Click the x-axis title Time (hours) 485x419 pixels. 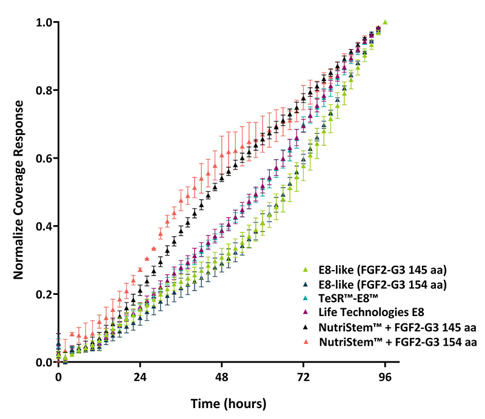(x=229, y=403)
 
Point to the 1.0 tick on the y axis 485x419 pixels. (x=42, y=22)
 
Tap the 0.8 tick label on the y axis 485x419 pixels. (x=42, y=91)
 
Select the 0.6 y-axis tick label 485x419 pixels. (x=42, y=159)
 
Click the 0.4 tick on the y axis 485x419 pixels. (x=42, y=226)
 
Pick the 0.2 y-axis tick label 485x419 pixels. (x=42, y=294)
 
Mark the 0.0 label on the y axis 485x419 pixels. (x=42, y=362)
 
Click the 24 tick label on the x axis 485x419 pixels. (x=140, y=377)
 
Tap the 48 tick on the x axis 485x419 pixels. (x=222, y=377)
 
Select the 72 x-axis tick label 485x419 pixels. (x=304, y=377)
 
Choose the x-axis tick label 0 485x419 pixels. (x=58, y=377)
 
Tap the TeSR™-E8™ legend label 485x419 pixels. (x=348, y=299)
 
